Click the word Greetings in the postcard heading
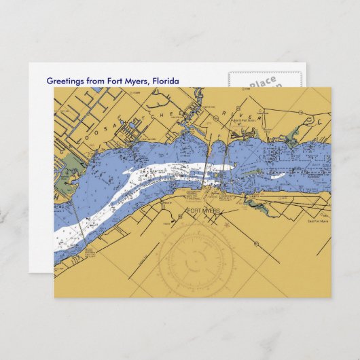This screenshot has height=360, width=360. click(67, 82)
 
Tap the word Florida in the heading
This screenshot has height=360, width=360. click(166, 82)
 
